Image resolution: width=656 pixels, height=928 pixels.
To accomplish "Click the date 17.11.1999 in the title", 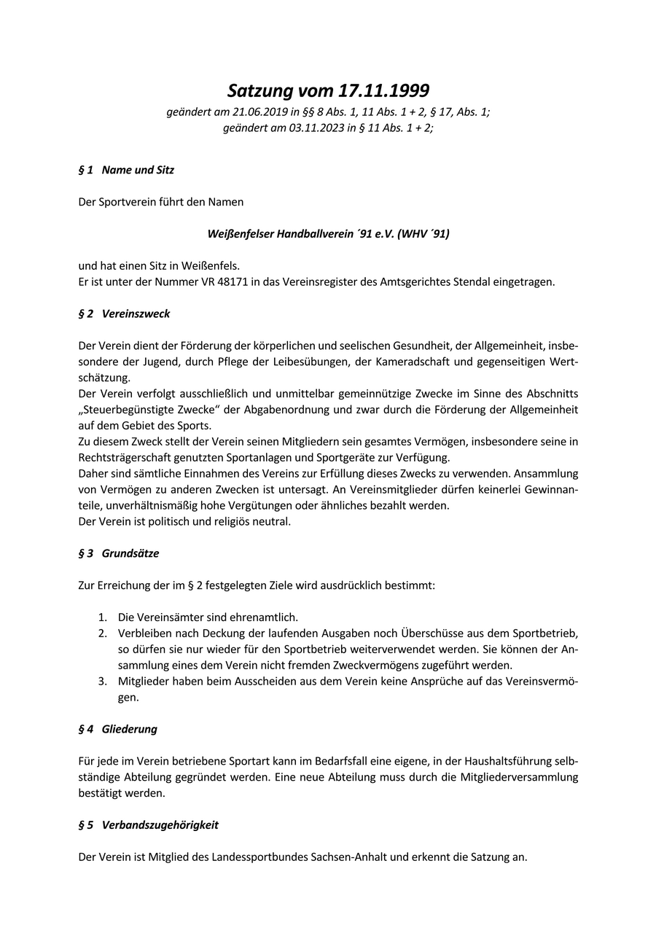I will [x=383, y=91].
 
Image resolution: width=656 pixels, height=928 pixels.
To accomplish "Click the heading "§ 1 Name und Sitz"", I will [x=126, y=170].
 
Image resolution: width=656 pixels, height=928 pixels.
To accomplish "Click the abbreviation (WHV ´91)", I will [x=423, y=234].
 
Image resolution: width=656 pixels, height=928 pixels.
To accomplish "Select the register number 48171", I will [x=209, y=281].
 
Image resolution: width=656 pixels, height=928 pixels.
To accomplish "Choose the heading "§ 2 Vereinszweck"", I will [x=124, y=313].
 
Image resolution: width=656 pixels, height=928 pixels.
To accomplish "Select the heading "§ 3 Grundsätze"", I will [x=118, y=553].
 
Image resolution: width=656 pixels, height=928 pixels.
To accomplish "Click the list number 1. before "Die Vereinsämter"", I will [x=104, y=617].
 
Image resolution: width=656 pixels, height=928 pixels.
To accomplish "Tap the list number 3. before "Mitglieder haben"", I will [x=104, y=681].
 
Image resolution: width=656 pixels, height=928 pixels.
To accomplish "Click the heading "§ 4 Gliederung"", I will [x=117, y=729].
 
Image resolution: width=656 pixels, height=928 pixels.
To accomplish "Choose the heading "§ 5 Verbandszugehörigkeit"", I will [x=148, y=825].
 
